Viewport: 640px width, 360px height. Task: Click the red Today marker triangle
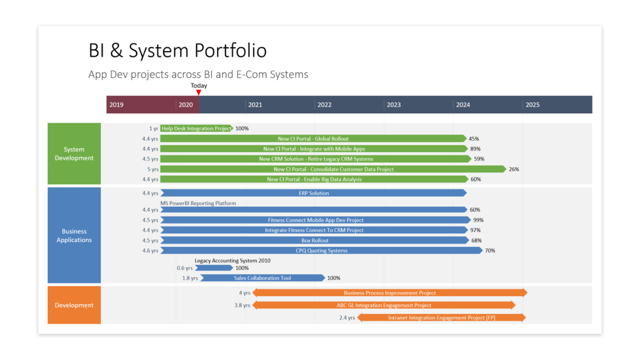pos(199,92)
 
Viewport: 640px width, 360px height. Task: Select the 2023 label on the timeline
pos(393,105)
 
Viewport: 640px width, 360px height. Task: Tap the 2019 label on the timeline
pos(117,105)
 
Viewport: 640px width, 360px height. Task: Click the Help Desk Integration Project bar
pos(196,129)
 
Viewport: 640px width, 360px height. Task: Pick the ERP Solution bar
pos(313,193)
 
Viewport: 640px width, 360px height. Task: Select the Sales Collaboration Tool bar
pos(262,278)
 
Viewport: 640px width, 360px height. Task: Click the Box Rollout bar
pos(315,241)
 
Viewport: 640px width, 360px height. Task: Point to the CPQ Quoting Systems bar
pos(321,251)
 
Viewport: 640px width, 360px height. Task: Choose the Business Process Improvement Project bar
pos(389,293)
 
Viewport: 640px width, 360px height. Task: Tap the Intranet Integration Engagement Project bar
pos(441,318)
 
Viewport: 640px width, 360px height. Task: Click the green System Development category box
pos(74,154)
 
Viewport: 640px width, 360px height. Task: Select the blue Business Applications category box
pos(74,235)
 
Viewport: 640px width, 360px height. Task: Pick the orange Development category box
pos(74,305)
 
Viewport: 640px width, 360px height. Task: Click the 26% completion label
pos(514,169)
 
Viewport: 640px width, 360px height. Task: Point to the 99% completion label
pos(478,220)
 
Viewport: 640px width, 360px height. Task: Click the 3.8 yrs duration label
pos(242,306)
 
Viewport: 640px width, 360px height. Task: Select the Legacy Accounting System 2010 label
pos(232,261)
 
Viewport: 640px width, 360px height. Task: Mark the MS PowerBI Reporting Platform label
pos(198,203)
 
